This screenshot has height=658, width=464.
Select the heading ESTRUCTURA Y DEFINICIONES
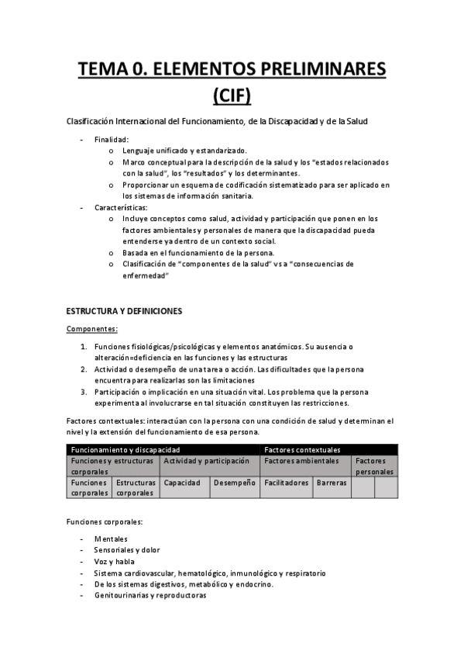pos(124,311)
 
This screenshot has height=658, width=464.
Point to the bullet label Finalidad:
pos(112,139)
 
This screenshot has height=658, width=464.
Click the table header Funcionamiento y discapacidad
pos(125,449)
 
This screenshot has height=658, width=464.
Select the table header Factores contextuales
pos(301,449)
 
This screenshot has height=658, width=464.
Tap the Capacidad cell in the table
pos(183,483)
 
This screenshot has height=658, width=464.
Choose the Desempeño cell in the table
pos(235,483)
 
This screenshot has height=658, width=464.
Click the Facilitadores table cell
pos(286,483)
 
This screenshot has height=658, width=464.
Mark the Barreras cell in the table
pos(332,483)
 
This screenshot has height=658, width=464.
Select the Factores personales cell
pos(375,466)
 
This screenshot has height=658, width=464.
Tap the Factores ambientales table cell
pos(301,461)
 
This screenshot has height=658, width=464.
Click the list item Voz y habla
pos(115,562)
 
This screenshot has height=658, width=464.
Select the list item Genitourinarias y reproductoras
pos(150,596)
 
